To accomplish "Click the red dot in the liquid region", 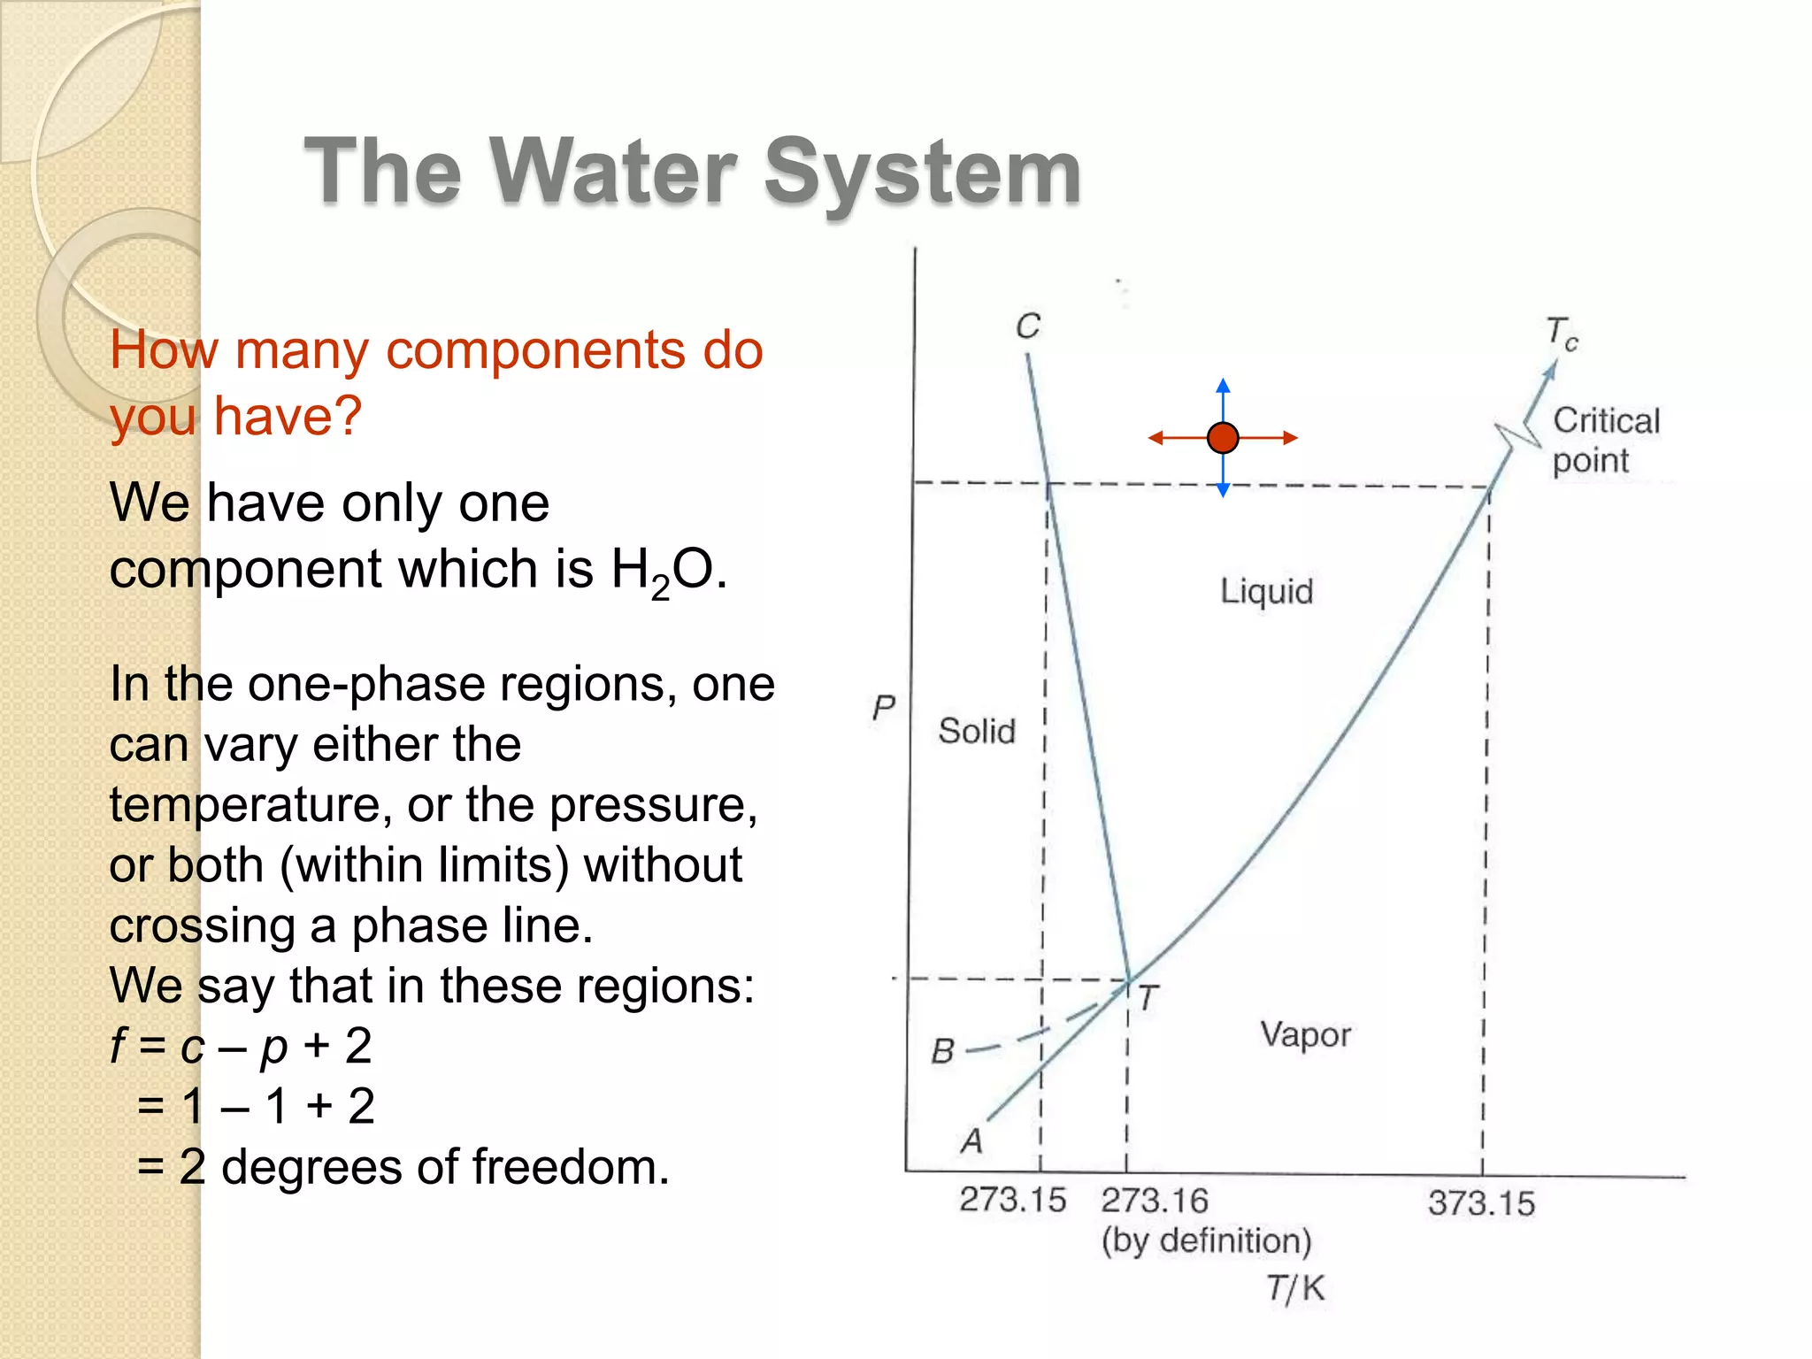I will click(x=1222, y=437).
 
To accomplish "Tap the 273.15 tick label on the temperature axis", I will click(x=1012, y=1200).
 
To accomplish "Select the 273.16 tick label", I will click(x=1154, y=1201).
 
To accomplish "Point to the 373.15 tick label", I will click(x=1481, y=1203).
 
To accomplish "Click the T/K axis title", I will click(x=1295, y=1288).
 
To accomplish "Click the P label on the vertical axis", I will click(x=883, y=708).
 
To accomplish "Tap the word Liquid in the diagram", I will click(x=1266, y=591).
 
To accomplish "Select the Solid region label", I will click(x=977, y=732).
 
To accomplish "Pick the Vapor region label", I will click(x=1305, y=1034).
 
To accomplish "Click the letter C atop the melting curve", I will click(x=1027, y=326).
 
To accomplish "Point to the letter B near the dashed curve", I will click(x=942, y=1051).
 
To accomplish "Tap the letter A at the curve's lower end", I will click(x=971, y=1140).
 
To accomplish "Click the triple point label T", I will click(x=1148, y=999).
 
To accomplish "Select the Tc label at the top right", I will click(x=1562, y=334).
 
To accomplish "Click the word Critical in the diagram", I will click(x=1606, y=420).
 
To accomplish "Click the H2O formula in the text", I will click(x=662, y=570).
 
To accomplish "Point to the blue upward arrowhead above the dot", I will click(x=1223, y=385).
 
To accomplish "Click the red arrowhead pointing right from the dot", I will click(x=1291, y=437).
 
